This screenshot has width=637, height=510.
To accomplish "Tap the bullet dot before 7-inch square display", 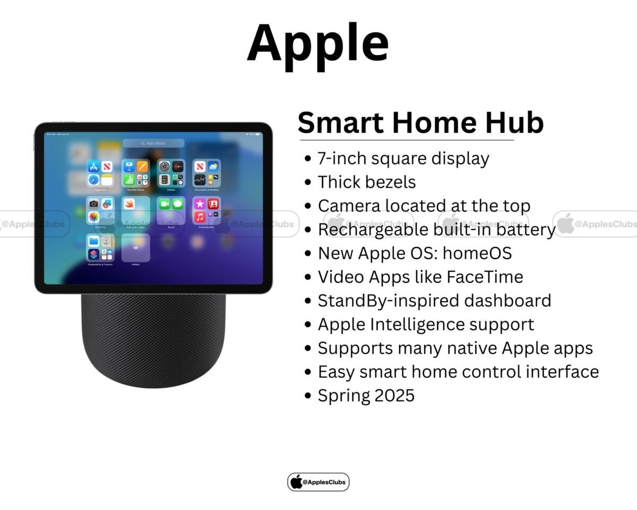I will point(307,159).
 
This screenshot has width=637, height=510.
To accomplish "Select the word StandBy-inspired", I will point(381,301).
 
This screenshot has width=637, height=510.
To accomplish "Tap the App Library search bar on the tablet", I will point(153,143).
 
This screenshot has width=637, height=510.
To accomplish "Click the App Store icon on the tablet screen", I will point(94,167).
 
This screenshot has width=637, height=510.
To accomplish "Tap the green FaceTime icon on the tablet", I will point(164,204).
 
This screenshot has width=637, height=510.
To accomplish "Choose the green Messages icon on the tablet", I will point(178,204).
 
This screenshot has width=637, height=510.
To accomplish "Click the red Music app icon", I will point(200,217).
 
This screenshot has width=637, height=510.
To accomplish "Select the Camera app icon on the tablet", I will point(94,204).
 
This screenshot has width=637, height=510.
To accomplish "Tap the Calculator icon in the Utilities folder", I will point(164,180).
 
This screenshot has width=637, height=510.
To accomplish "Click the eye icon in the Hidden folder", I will point(135,248).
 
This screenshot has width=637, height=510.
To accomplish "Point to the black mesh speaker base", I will point(153,340).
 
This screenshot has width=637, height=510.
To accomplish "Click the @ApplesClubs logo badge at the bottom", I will point(318,482).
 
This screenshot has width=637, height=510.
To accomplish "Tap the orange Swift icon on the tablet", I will point(129,204).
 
